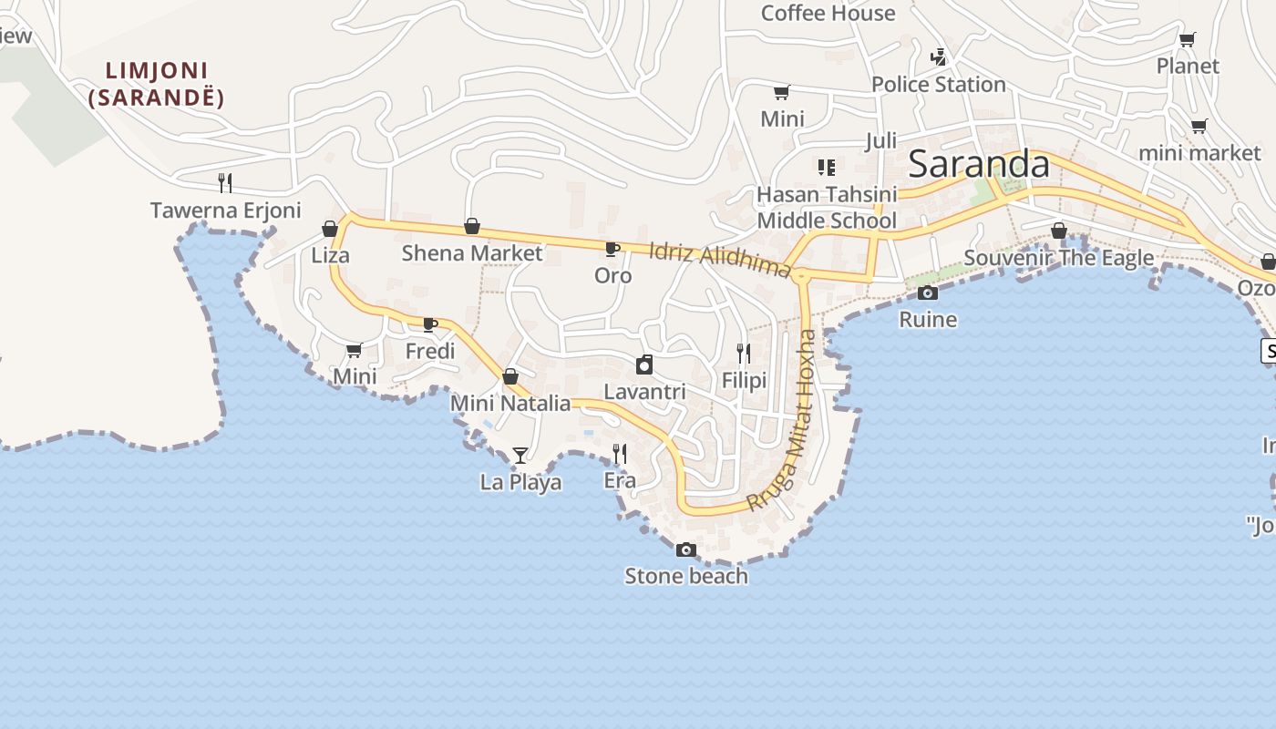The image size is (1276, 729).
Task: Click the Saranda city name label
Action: click(x=979, y=164)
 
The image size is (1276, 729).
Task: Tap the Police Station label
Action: click(x=938, y=85)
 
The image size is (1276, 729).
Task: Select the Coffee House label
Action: click(x=828, y=14)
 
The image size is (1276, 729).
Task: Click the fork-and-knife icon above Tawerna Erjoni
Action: click(x=225, y=183)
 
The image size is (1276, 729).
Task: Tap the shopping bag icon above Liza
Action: click(x=330, y=229)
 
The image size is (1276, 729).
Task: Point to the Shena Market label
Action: click(x=471, y=253)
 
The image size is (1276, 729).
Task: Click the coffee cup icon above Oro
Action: click(x=612, y=249)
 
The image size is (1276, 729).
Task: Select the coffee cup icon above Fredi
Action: click(x=430, y=324)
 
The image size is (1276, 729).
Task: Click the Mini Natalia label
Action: click(x=510, y=404)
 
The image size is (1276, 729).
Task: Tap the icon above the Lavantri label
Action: click(x=644, y=365)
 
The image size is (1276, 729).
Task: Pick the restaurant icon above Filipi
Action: click(x=744, y=354)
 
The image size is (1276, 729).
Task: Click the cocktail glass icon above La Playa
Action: click(x=520, y=455)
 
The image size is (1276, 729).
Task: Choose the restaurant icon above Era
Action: click(x=620, y=453)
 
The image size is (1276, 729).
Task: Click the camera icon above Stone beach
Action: click(x=686, y=549)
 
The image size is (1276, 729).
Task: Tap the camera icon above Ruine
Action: click(x=928, y=293)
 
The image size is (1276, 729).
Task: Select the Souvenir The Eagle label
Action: click(x=1058, y=258)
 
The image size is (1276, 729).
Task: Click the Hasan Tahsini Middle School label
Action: click(x=827, y=208)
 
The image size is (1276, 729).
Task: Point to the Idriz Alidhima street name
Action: click(x=720, y=260)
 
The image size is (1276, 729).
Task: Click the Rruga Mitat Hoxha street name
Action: click(x=783, y=420)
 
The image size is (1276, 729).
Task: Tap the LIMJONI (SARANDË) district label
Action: click(x=157, y=84)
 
